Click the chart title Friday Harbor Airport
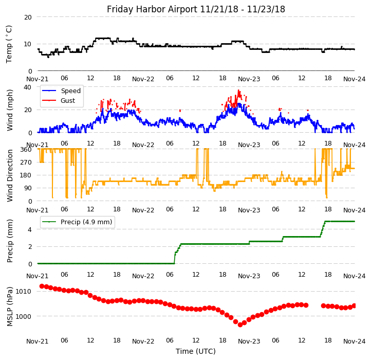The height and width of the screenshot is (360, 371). click(196, 9)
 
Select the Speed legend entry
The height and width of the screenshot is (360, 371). click(70, 91)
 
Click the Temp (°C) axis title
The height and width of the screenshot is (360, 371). click(9, 44)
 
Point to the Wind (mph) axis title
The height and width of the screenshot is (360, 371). click(10, 110)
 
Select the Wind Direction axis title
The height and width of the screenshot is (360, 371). click(10, 175)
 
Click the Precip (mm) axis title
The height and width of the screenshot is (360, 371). click(10, 241)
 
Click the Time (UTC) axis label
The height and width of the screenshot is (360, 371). click(196, 351)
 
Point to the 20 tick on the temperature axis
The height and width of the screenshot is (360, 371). click(28, 17)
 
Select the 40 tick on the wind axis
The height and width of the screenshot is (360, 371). click(28, 87)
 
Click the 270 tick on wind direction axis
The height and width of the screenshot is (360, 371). click(25, 162)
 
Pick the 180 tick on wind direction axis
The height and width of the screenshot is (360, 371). click(25, 175)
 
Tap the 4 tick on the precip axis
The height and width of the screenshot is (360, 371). click(30, 229)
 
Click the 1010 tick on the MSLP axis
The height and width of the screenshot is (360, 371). click(23, 291)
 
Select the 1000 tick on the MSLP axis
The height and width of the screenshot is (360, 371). click(23, 316)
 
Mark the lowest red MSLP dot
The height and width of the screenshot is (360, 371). click(240, 325)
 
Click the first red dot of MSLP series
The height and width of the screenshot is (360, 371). click(42, 286)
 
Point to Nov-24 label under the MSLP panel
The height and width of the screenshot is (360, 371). click(355, 341)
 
